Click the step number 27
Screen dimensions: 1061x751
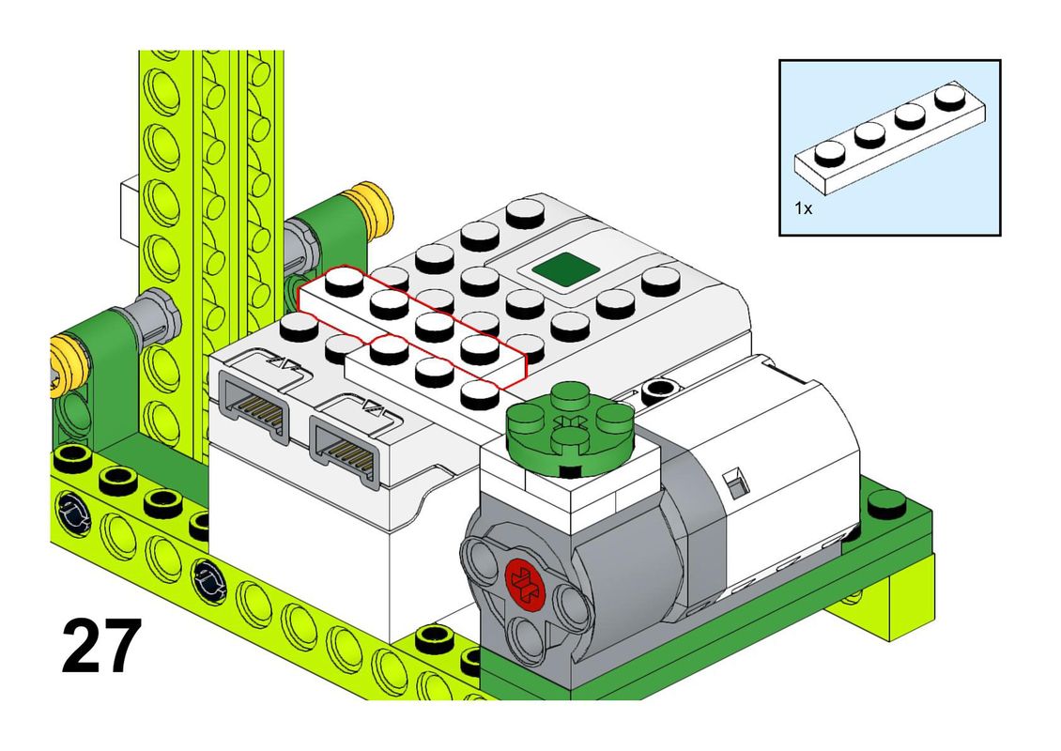pos(101,646)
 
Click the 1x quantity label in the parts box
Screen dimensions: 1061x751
pos(803,208)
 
